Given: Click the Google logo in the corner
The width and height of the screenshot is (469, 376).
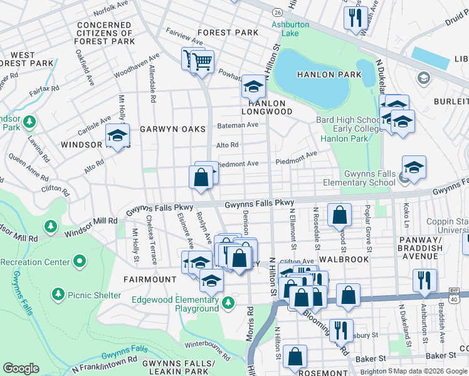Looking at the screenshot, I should coord(21,368).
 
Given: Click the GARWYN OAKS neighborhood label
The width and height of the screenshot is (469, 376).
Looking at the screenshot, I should coord(172,129).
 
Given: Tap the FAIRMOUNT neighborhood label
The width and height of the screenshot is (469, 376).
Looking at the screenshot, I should coord(150,279).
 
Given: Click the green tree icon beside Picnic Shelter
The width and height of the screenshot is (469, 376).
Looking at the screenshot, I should coord(58,293).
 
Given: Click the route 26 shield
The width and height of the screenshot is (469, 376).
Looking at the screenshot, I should coord(277,12).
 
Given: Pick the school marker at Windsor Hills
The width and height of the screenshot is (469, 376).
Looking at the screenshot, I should coord(117,135).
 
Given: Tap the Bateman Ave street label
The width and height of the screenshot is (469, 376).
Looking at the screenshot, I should coord(238,125).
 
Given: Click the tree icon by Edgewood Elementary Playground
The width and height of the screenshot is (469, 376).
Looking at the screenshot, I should coord(228,303).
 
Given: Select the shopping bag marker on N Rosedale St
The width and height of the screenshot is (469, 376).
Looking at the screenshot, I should coord(339,216).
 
